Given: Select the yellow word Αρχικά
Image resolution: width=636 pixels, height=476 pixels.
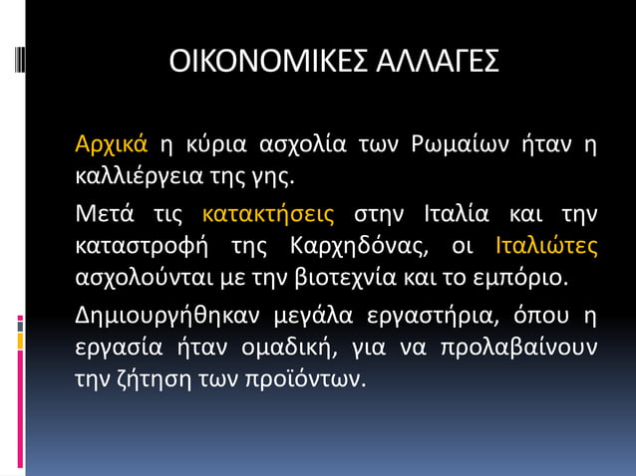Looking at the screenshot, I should [x=112, y=145].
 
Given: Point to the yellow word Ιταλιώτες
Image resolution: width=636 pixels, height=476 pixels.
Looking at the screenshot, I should [x=546, y=245].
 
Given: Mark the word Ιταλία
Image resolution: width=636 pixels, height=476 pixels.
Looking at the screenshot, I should [x=455, y=213].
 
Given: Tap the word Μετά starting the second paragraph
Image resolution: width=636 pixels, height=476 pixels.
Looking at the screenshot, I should [x=105, y=213].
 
